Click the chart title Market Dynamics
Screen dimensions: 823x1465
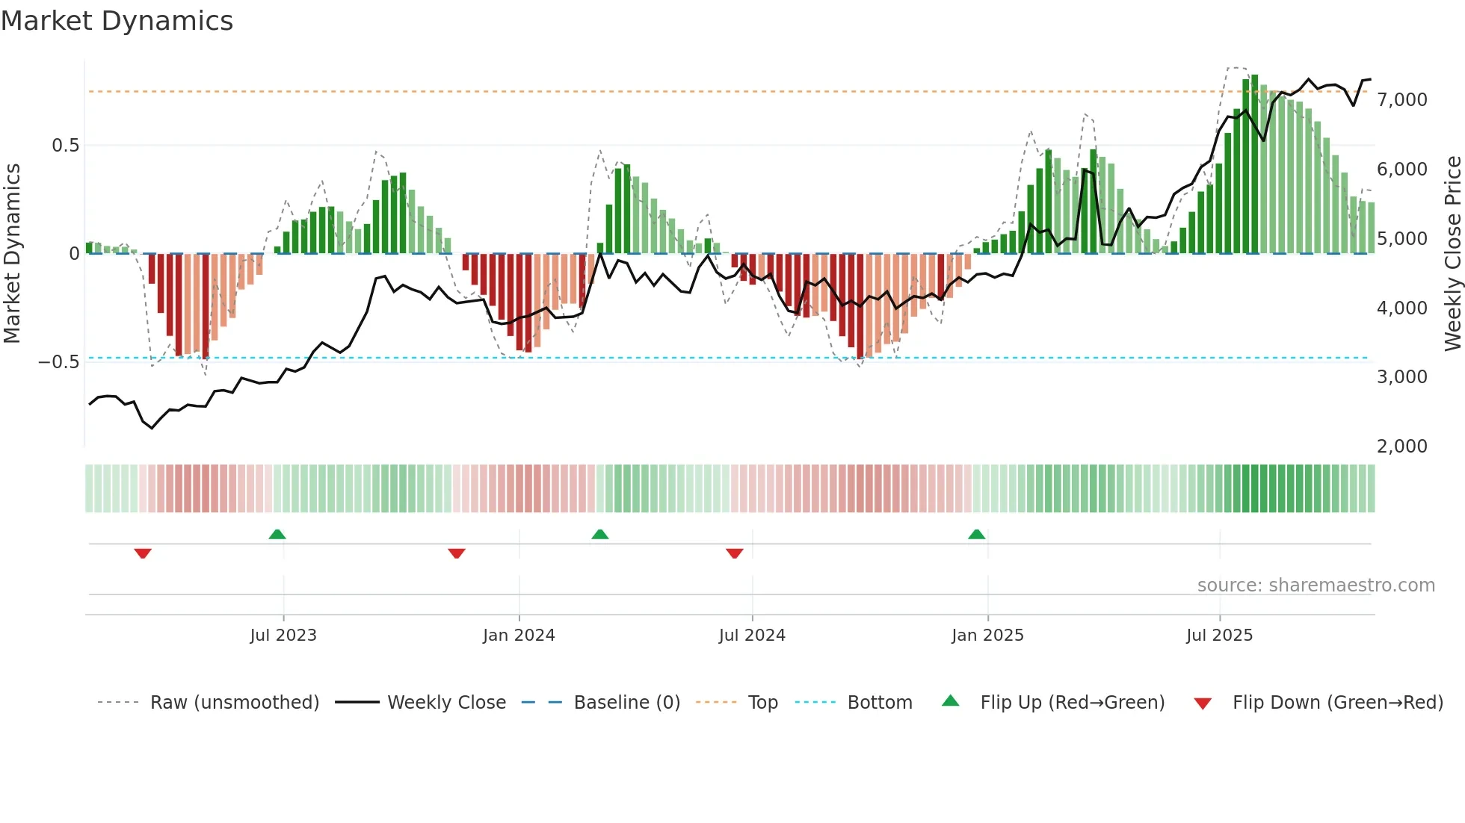(117, 21)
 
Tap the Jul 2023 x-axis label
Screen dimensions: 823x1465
(283, 636)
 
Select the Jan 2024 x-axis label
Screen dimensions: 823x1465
(519, 636)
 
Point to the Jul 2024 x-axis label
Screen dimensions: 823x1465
(752, 636)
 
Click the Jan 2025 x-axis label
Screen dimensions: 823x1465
(987, 636)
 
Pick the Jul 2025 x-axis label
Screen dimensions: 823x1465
(1219, 636)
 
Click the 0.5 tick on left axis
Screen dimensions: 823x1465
(66, 146)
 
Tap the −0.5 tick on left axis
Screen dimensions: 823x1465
(59, 362)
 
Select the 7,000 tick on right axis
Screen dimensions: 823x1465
(1402, 100)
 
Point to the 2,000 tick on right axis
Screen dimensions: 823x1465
(1402, 447)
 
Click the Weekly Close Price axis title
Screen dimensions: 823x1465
(1452, 254)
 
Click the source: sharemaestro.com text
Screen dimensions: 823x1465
(1316, 586)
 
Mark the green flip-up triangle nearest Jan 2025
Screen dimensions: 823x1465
(976, 534)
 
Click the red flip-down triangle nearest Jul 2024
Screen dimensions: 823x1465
(734, 553)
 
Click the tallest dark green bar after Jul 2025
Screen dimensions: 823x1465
(1255, 164)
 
